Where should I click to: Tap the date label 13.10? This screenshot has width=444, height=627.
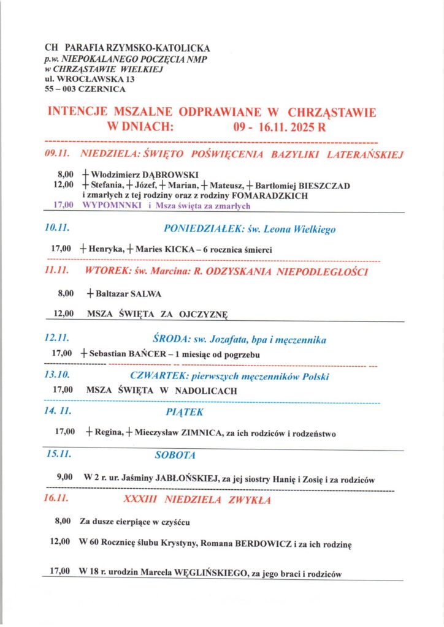tap(56, 375)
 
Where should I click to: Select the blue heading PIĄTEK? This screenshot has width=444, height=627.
tap(184, 412)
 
